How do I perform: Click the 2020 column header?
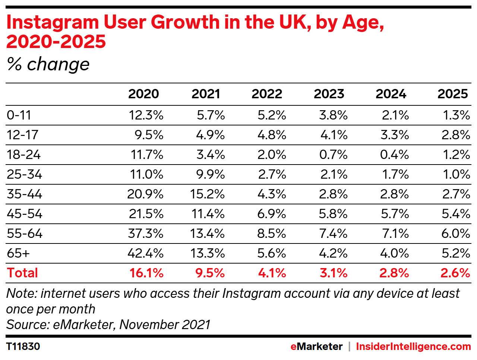tap(143, 94)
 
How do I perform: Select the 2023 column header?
tap(329, 94)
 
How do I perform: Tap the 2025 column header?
tap(452, 94)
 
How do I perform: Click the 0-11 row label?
tap(19, 115)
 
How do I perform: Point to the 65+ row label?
tap(18, 253)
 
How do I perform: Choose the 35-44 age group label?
tap(24, 194)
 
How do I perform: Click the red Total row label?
tap(22, 273)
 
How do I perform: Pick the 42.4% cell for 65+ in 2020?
tap(145, 253)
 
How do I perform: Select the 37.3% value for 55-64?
tap(145, 233)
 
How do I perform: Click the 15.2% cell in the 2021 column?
tap(207, 194)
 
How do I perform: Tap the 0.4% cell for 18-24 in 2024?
tap(394, 154)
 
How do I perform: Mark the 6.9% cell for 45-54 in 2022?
tap(272, 214)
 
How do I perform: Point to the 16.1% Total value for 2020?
tap(146, 273)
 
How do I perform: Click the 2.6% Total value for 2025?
tap(455, 273)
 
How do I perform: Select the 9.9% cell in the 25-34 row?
tap(210, 174)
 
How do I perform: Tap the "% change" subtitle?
tap(48, 64)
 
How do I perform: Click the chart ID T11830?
tap(23, 347)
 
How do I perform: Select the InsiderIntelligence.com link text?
tap(413, 347)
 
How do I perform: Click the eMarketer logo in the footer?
tap(316, 347)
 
